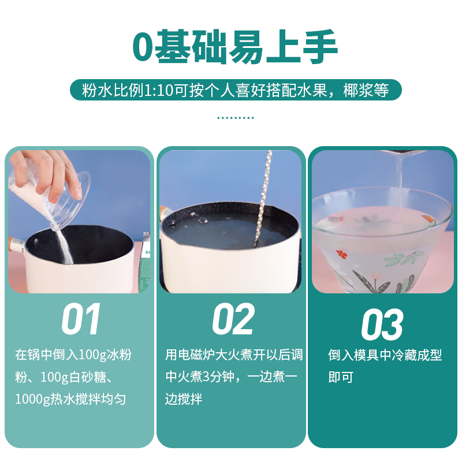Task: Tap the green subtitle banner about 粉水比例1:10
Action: (235, 90)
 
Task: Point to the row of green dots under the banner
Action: (235, 118)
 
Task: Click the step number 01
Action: (81, 319)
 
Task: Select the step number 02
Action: (233, 319)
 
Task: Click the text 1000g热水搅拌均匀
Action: (70, 399)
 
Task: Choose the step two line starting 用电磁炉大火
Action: (234, 355)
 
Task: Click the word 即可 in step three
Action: (340, 378)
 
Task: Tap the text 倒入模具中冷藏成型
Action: (385, 356)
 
